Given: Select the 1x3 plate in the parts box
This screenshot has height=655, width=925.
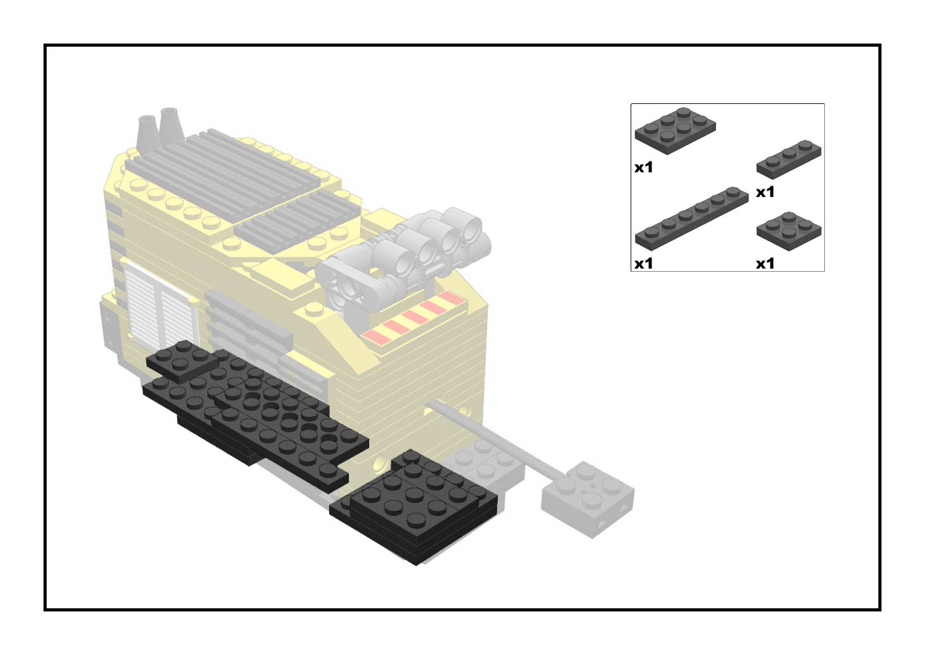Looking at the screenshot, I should click(788, 158).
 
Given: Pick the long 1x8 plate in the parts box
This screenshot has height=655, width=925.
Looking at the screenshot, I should click(691, 217).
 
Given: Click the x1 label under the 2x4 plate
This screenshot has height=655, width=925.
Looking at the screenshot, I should click(643, 168).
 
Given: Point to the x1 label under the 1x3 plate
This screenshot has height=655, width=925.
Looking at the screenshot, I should click(765, 192).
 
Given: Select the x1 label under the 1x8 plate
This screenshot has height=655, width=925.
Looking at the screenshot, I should click(643, 264).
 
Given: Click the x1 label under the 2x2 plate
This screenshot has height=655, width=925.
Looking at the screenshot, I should click(765, 264).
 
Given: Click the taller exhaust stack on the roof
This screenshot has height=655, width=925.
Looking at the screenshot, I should click(170, 123).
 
